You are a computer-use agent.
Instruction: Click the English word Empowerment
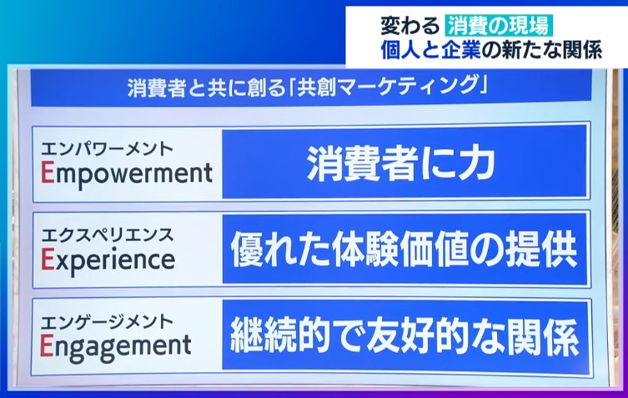pyautogui.click(x=127, y=174)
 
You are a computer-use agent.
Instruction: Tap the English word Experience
pyautogui.click(x=108, y=261)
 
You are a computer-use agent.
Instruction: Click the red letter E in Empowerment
pyautogui.click(x=48, y=173)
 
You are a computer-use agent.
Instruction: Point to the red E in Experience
pyautogui.click(x=48, y=259)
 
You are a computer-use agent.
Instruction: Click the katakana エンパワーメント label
pyautogui.click(x=107, y=149)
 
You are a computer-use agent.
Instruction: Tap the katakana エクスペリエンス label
pyautogui.click(x=108, y=234)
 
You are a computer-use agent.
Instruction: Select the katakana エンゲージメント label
pyautogui.click(x=107, y=321)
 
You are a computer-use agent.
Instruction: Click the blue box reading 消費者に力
pyautogui.click(x=405, y=163)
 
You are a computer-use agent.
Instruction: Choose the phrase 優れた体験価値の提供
pyautogui.click(x=404, y=249)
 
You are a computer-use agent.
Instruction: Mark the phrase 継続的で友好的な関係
pyautogui.click(x=404, y=336)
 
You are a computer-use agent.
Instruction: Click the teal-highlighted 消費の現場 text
pyautogui.click(x=499, y=25)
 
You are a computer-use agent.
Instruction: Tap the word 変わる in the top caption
pyautogui.click(x=409, y=26)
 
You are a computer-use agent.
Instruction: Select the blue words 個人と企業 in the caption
pyautogui.click(x=430, y=50)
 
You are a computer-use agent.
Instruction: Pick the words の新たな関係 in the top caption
pyautogui.click(x=542, y=50)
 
